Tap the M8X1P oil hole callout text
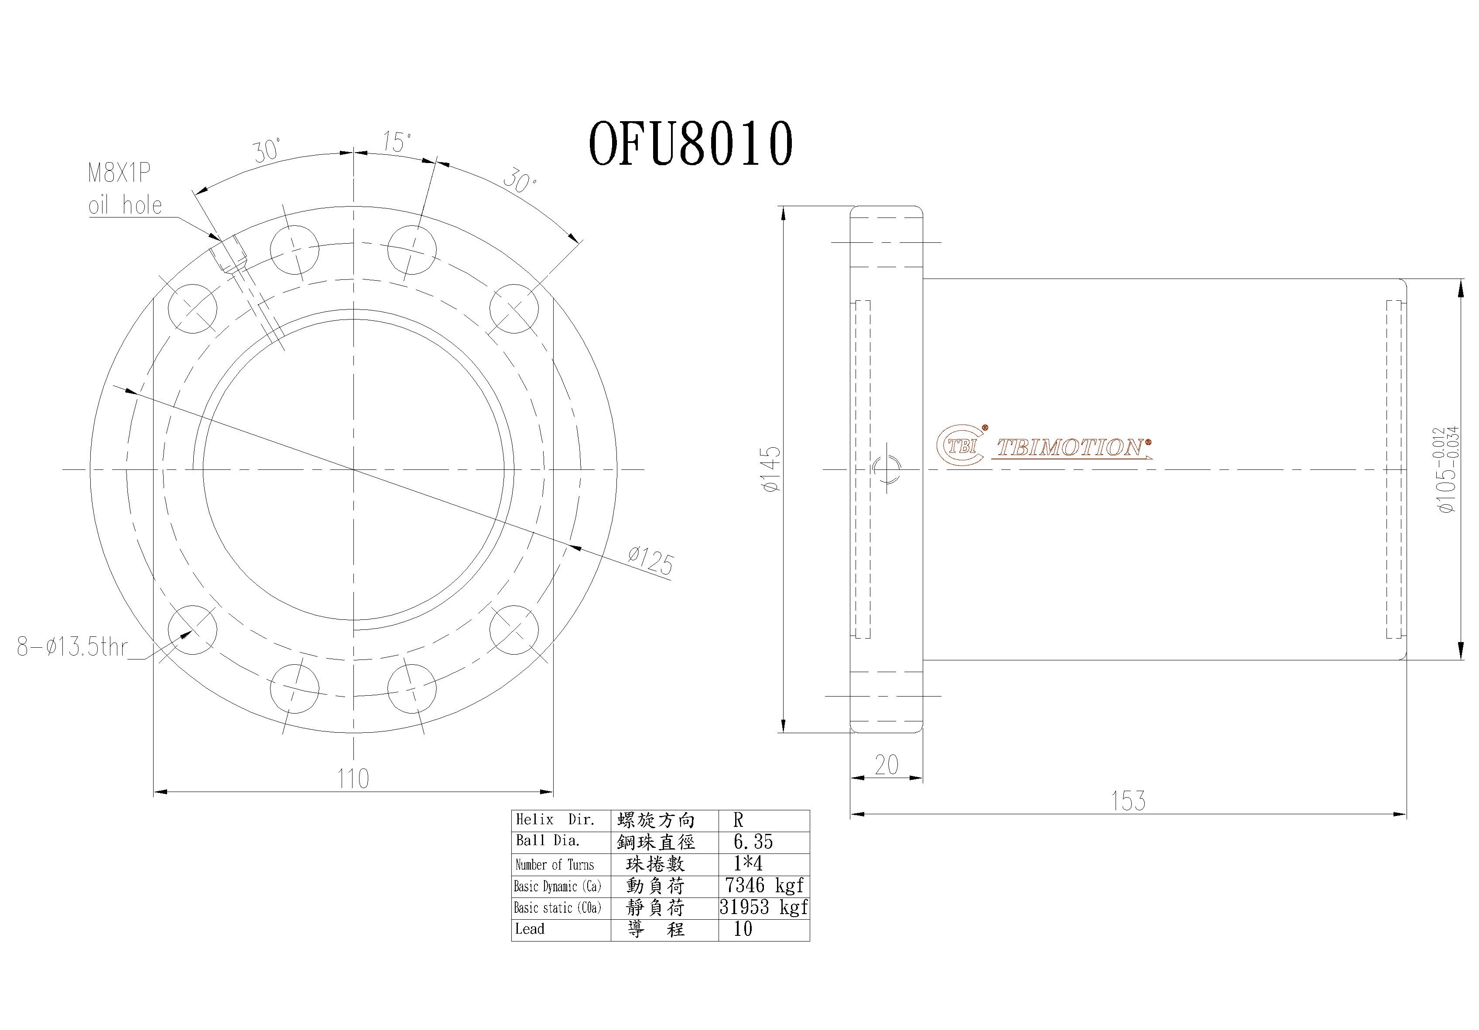pyautogui.click(x=124, y=189)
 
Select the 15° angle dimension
pyautogui.click(x=396, y=142)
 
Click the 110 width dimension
pyautogui.click(x=353, y=778)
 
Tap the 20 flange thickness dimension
pyautogui.click(x=887, y=765)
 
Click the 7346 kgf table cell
pyautogui.click(x=763, y=885)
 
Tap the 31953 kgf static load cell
pyautogui.click(x=763, y=907)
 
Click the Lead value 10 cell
pyautogui.click(x=743, y=929)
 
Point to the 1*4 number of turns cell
pyautogui.click(x=747, y=863)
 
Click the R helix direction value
pyautogui.click(x=738, y=820)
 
